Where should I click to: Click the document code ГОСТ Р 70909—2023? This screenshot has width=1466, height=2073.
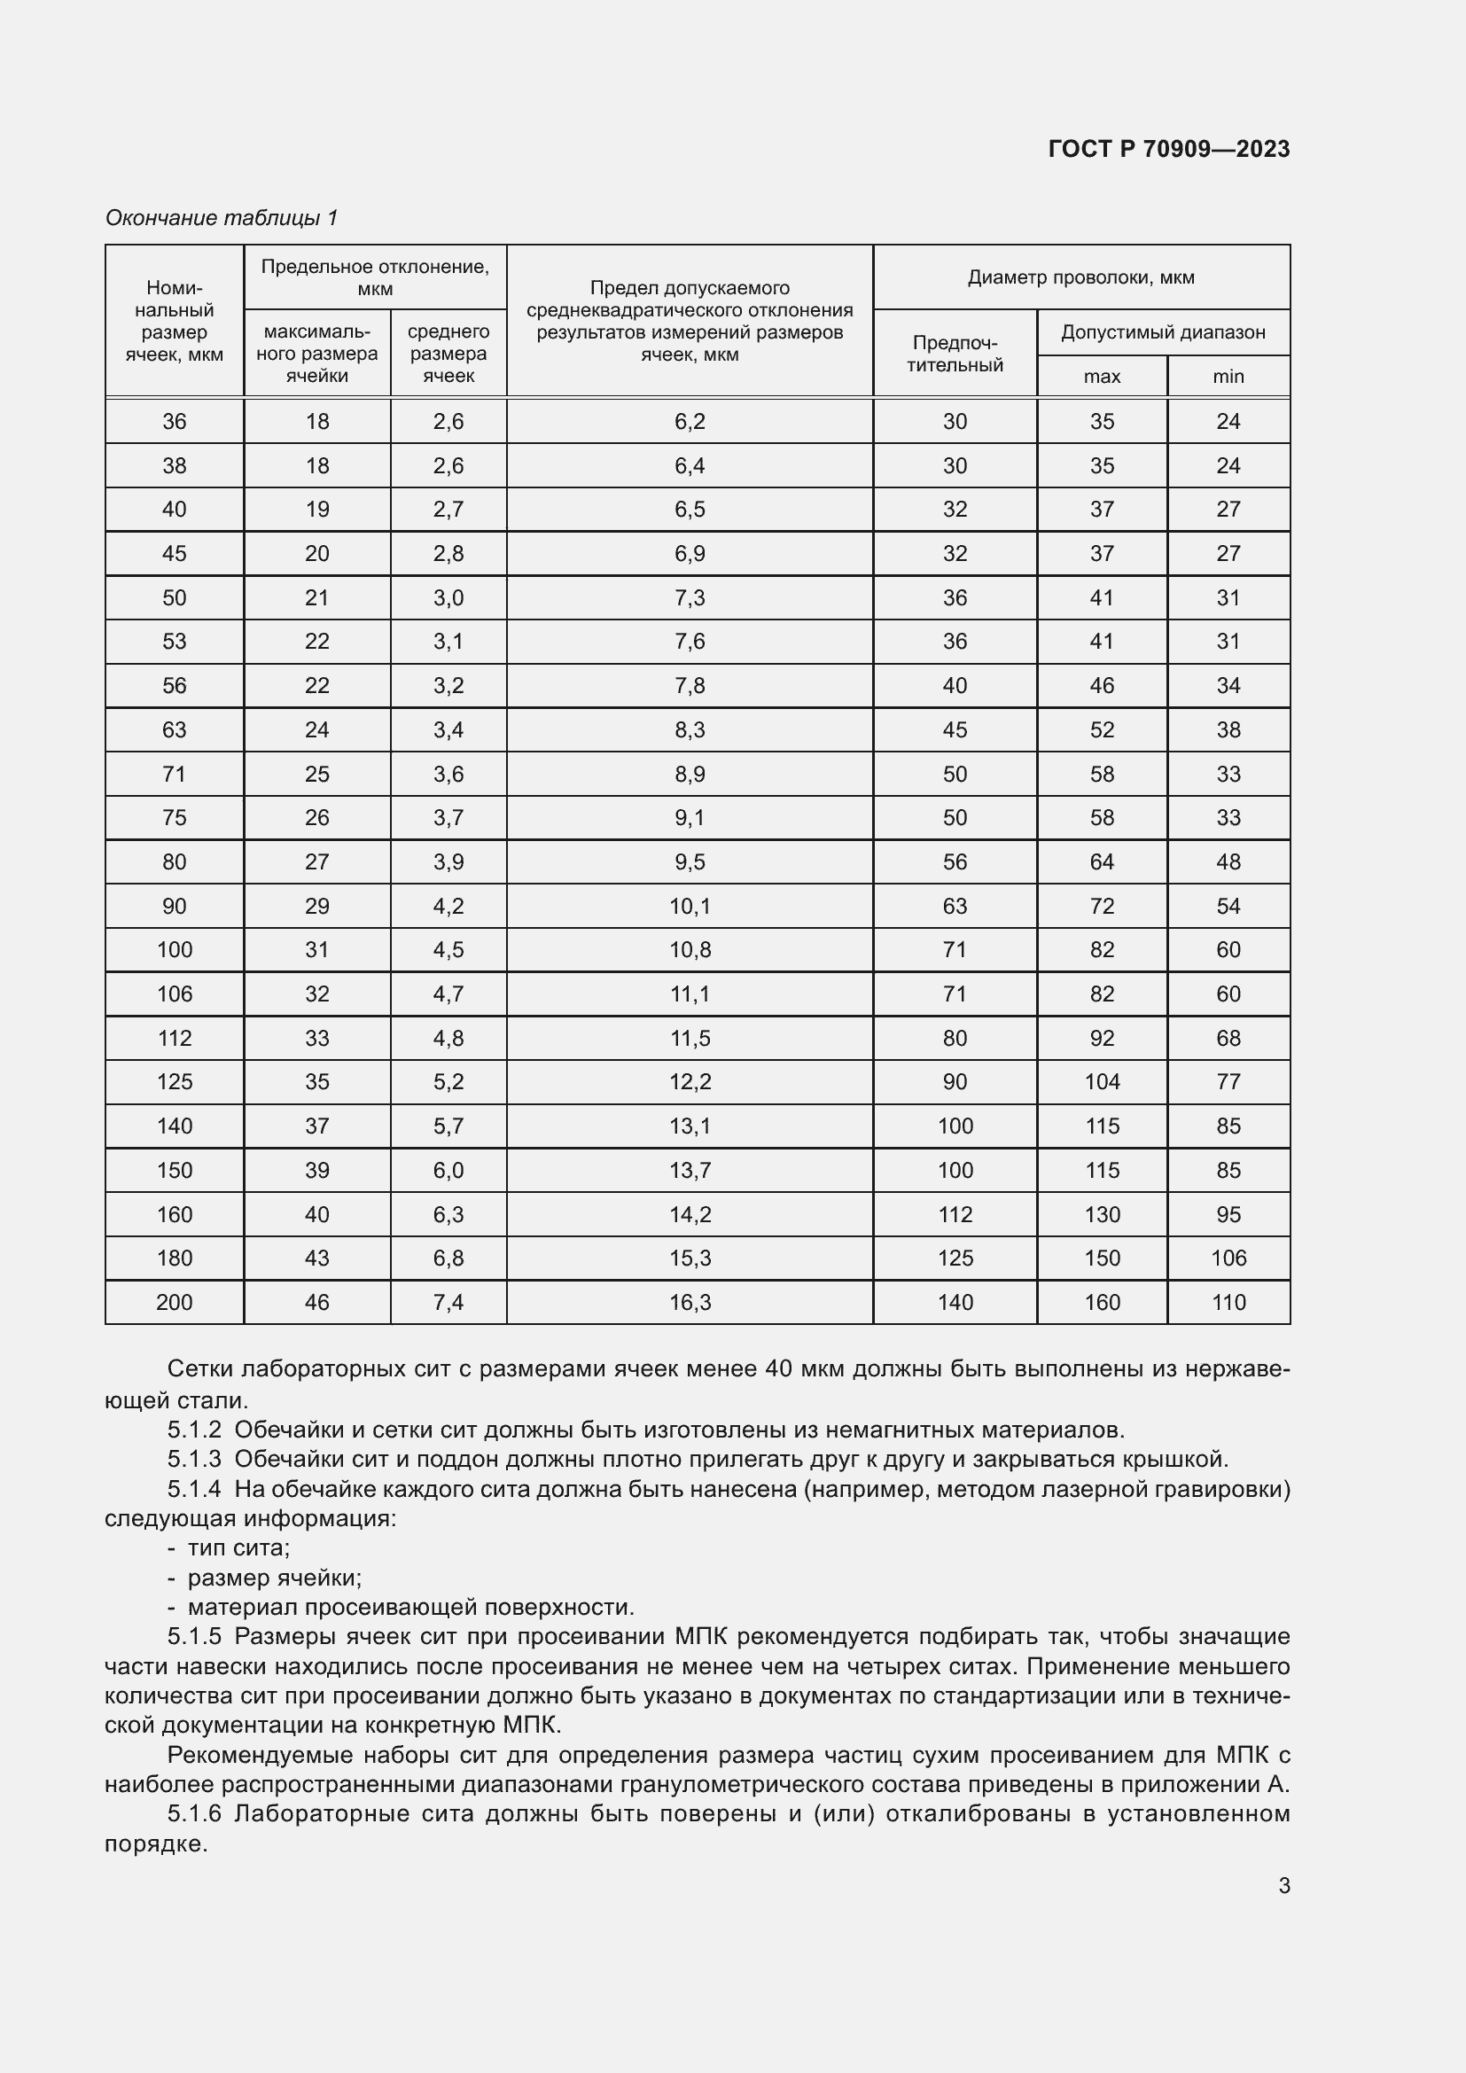[x=1168, y=149]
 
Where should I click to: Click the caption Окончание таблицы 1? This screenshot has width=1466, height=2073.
[x=222, y=218]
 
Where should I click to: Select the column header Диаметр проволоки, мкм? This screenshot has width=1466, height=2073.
[x=1080, y=277]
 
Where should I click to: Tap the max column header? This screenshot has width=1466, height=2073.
[x=1102, y=377]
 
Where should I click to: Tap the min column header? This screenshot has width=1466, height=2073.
[x=1228, y=377]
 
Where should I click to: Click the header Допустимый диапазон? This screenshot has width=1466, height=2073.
[x=1163, y=332]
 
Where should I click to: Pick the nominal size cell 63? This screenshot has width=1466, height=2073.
[x=175, y=729]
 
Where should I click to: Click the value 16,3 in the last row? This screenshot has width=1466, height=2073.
[x=690, y=1302]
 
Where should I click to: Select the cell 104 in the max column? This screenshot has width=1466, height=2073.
[x=1102, y=1081]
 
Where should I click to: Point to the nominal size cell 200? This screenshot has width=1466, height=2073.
[x=175, y=1302]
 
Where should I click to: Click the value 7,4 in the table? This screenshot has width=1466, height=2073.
[x=448, y=1302]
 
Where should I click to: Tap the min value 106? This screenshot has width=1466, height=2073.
[x=1228, y=1258]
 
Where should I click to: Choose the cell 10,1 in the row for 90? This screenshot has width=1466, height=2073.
[x=690, y=906]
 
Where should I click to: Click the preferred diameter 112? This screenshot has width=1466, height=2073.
[x=955, y=1214]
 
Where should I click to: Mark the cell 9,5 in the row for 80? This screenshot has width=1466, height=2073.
[x=690, y=861]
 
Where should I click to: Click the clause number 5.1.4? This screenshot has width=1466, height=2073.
[x=194, y=1489]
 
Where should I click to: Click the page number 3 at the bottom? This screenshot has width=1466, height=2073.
[x=1283, y=1885]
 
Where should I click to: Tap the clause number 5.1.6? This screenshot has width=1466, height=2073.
[x=194, y=1814]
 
